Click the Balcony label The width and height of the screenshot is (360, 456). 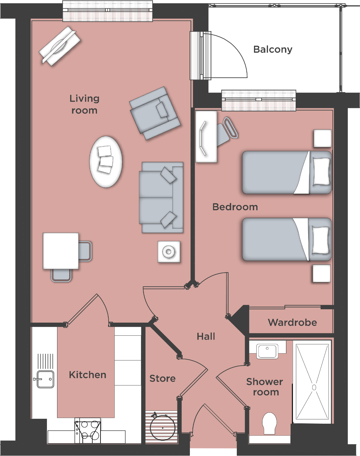[273, 50]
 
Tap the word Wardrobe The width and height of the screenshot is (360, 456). [292, 322]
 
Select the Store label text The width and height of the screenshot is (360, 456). [162, 378]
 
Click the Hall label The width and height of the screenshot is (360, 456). [206, 336]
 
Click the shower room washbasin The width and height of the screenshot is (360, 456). [267, 351]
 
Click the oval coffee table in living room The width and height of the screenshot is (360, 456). [105, 162]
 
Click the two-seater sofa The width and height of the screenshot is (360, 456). [161, 197]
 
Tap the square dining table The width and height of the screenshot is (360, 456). [61, 251]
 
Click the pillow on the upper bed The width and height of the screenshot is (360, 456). [321, 172]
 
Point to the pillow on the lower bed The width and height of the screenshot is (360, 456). [320, 240]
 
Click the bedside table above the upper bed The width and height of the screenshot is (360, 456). [322, 138]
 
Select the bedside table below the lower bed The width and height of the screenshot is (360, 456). [322, 273]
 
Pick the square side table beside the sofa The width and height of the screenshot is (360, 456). [169, 252]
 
